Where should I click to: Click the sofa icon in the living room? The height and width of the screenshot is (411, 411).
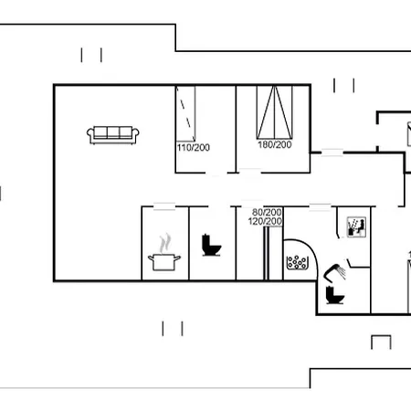pyautogui.click(x=113, y=135)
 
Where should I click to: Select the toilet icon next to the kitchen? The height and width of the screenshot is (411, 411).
pyautogui.click(x=211, y=245)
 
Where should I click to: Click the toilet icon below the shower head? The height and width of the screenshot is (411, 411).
pyautogui.click(x=334, y=295)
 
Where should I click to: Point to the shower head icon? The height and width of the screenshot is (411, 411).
pyautogui.click(x=334, y=272)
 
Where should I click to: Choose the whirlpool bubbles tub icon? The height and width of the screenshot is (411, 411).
pyautogui.click(x=297, y=262)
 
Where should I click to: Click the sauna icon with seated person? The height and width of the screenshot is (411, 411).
pyautogui.click(x=356, y=227)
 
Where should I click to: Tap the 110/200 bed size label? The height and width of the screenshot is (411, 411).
pyautogui.click(x=194, y=148)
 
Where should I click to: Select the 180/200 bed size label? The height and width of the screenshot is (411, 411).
pyautogui.click(x=275, y=144)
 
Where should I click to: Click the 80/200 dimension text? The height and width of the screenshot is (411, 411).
pyautogui.click(x=267, y=212)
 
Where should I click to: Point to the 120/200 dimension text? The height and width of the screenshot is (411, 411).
pyautogui.click(x=265, y=221)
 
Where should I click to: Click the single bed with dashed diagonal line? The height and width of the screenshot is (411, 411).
pyautogui.click(x=185, y=114)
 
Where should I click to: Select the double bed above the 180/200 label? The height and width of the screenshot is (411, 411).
pyautogui.click(x=275, y=112)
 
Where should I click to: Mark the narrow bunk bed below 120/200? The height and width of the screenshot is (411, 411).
pyautogui.click(x=267, y=253)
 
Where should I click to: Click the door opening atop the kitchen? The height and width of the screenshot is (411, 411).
pyautogui.click(x=164, y=206)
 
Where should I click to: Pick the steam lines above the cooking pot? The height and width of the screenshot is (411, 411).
pyautogui.click(x=164, y=243)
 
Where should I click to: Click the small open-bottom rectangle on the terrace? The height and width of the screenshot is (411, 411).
pyautogui.click(x=381, y=342)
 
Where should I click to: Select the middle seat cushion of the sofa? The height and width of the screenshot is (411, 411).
pyautogui.click(x=113, y=132)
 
